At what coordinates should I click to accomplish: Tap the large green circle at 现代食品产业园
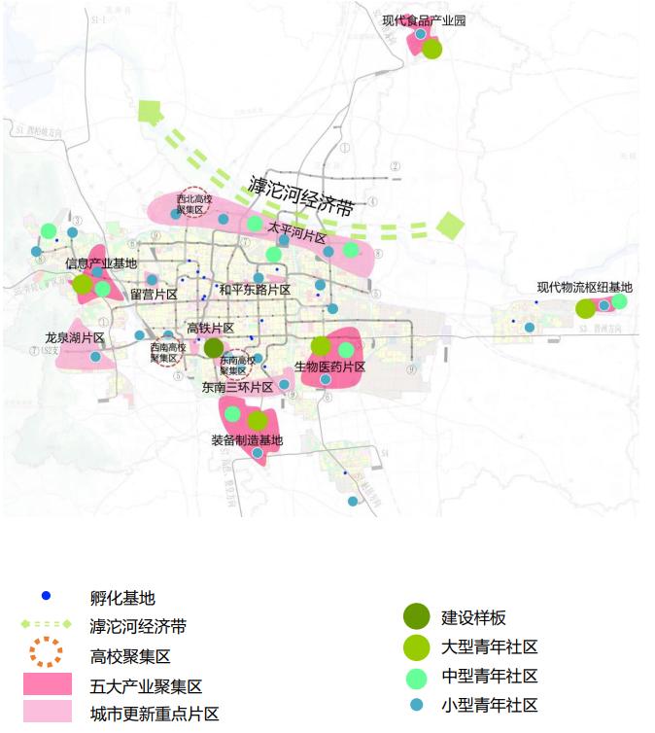click(x=431, y=49)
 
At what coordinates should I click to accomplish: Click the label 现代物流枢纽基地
click(x=584, y=287)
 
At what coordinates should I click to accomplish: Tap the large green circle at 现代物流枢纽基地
click(x=585, y=309)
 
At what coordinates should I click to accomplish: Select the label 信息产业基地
click(x=101, y=263)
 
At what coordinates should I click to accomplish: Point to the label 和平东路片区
click(x=255, y=290)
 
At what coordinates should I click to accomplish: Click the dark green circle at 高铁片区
click(x=214, y=348)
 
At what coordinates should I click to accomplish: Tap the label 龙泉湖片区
click(x=74, y=337)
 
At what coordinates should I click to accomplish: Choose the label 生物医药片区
click(x=329, y=366)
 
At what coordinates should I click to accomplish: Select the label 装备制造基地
click(x=246, y=440)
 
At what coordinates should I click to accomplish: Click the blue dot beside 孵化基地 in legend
click(x=46, y=595)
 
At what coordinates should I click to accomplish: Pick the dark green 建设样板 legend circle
click(x=416, y=616)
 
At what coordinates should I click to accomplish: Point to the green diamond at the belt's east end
click(x=450, y=227)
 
